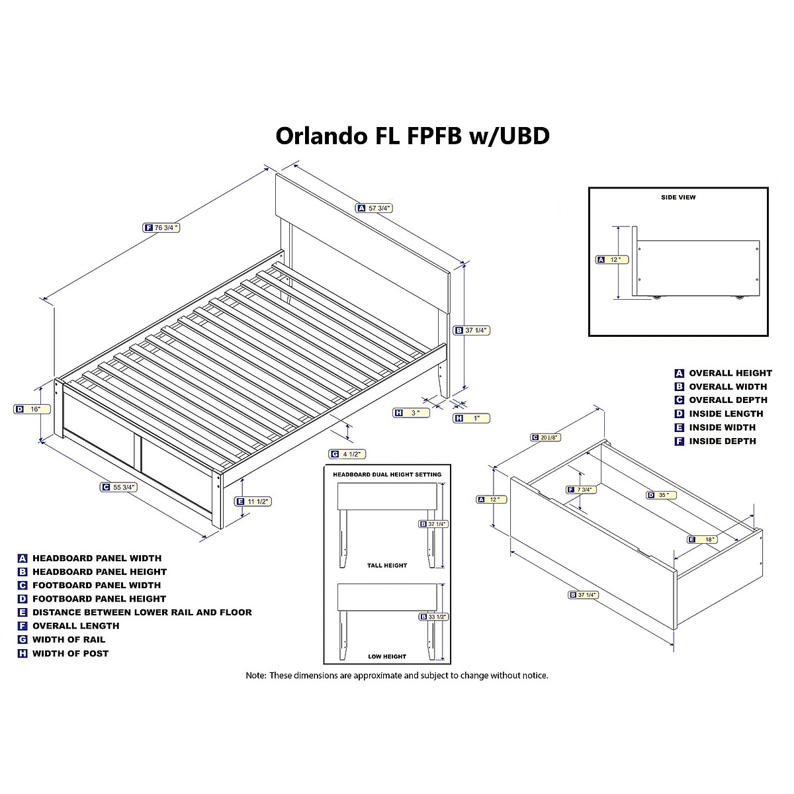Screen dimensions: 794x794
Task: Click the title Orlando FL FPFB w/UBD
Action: [x=412, y=136]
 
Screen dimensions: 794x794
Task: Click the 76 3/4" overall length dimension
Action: [x=162, y=228]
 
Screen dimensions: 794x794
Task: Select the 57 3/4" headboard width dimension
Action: [x=375, y=208]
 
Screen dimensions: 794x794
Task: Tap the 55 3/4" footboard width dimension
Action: [x=120, y=487]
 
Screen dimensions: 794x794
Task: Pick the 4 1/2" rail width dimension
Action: [x=348, y=454]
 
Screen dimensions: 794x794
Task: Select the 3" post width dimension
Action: [x=411, y=413]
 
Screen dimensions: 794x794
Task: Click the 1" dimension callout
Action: [x=471, y=418]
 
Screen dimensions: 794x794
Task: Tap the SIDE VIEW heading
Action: [x=678, y=197]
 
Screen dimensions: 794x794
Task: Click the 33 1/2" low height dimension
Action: [x=434, y=617]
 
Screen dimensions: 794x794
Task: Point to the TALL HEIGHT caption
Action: [x=387, y=566]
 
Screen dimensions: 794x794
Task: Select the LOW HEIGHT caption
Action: [x=387, y=656]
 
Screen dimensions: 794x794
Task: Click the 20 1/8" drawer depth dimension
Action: [x=545, y=437]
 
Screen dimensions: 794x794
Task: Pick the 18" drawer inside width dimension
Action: [x=703, y=539]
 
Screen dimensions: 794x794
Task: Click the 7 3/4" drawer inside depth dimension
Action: [x=582, y=490]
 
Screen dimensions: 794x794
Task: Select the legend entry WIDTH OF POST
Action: [x=70, y=653]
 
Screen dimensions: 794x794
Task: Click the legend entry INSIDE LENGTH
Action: [x=726, y=414]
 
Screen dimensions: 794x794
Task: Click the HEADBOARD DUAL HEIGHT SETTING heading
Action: [x=387, y=474]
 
